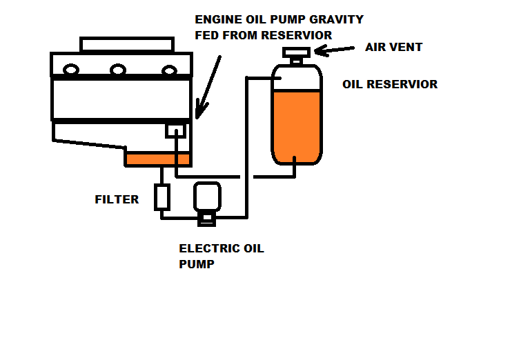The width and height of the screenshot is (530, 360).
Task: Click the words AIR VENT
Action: click(393, 48)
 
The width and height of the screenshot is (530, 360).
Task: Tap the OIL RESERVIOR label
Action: click(390, 84)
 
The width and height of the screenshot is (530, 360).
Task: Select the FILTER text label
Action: click(117, 200)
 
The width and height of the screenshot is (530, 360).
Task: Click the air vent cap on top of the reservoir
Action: click(296, 54)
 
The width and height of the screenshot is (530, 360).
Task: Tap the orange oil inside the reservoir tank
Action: click(297, 124)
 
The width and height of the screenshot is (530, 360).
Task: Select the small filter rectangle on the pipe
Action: click(162, 197)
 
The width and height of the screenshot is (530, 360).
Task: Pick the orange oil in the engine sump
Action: click(157, 159)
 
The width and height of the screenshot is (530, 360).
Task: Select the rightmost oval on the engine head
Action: click(169, 70)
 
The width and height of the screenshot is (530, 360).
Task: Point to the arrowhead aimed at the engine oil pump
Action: click(199, 112)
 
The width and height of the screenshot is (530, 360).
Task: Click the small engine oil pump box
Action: click(177, 129)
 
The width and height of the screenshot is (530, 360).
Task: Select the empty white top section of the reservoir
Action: click(297, 77)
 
